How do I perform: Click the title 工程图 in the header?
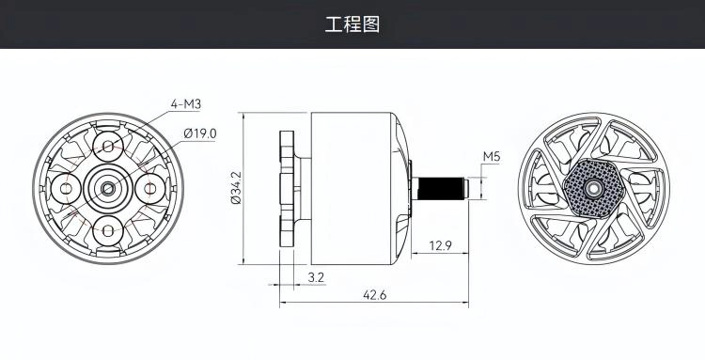coord(352,24)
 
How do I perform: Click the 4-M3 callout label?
coord(186,104)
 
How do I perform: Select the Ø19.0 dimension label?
coord(200,133)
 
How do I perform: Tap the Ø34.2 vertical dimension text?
coord(236,188)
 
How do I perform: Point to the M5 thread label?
coord(492,157)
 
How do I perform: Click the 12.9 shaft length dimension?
coord(440,245)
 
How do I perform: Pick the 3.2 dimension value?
coord(316,277)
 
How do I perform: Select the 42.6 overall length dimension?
coord(374,295)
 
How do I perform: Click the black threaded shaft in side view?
coord(441,188)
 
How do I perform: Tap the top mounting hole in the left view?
coord(108,147)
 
